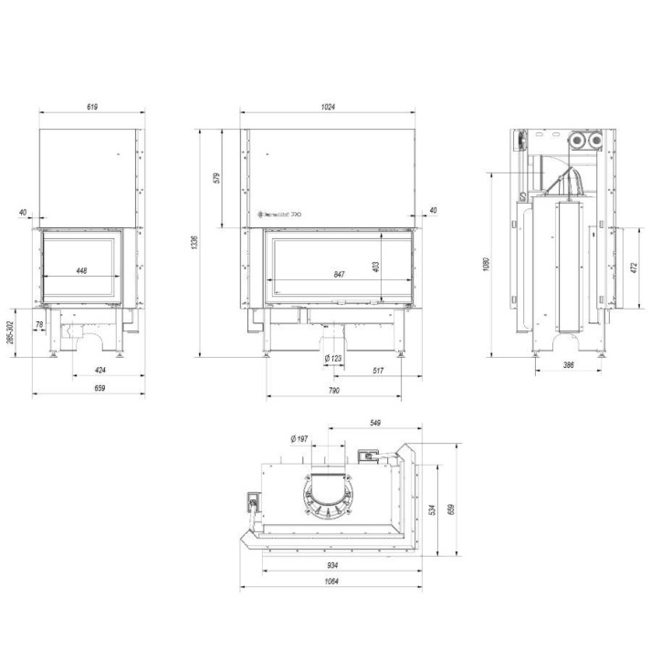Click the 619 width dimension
92,107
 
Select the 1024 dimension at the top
329,107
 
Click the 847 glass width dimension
339,273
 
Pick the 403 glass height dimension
375,265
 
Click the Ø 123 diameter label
333,358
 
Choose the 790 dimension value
333,391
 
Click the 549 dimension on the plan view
374,423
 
